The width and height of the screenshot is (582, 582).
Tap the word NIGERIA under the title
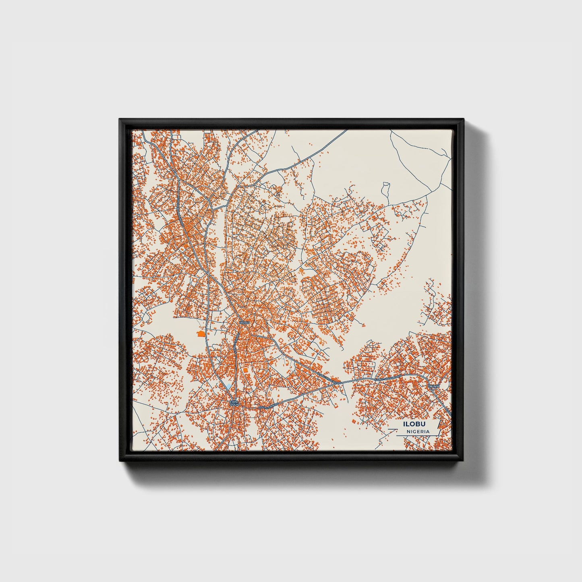418,431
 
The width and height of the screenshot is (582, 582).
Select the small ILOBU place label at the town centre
244,323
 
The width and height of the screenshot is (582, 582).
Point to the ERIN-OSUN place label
234,403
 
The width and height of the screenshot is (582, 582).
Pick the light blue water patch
229,387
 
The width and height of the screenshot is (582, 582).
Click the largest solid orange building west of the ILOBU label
201,333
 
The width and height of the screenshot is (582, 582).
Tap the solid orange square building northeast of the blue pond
245,369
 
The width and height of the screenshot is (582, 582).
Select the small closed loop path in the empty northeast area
385,187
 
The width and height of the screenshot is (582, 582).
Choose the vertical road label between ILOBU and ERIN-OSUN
236,346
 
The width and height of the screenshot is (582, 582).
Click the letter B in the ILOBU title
415,425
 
